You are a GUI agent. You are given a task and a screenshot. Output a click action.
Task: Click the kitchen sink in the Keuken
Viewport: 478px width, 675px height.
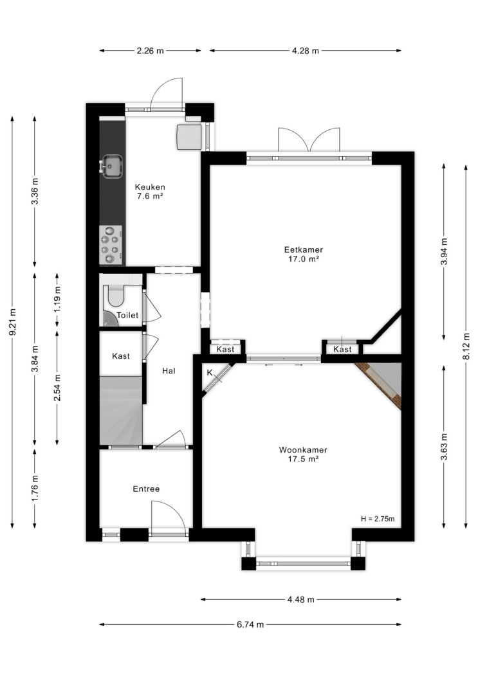tap(112, 166)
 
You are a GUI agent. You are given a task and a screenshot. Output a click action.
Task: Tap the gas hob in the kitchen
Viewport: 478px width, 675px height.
tap(111, 245)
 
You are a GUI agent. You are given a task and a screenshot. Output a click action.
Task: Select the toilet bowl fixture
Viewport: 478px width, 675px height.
tap(116, 294)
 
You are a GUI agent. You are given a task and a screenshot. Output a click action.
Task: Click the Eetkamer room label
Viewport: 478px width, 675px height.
tap(303, 249)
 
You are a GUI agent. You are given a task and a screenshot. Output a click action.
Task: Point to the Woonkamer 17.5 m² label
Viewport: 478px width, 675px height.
tap(303, 455)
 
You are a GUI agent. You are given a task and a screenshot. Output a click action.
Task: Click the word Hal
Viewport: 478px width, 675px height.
tap(169, 371)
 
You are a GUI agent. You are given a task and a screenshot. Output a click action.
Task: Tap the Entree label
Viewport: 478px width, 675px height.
tap(146, 489)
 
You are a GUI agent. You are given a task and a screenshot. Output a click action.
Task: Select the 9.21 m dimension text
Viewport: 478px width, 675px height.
tap(13, 323)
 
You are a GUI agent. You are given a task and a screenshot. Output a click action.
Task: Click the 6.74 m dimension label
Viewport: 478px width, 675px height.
tap(250, 625)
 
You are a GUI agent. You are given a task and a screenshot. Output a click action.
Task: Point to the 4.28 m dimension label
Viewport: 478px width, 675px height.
tap(306, 51)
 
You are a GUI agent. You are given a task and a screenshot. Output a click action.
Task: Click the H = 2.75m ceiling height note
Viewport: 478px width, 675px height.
tap(378, 519)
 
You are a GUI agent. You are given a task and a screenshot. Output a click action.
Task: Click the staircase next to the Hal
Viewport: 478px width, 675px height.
tap(121, 410)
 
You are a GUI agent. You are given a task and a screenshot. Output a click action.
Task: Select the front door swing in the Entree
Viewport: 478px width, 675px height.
tap(169, 517)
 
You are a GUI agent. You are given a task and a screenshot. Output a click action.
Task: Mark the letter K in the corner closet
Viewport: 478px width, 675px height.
tap(210, 373)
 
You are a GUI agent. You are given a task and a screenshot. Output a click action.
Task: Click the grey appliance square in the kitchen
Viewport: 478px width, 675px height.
tap(189, 136)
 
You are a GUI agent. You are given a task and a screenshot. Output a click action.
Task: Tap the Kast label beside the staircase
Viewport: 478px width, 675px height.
tap(120, 356)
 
